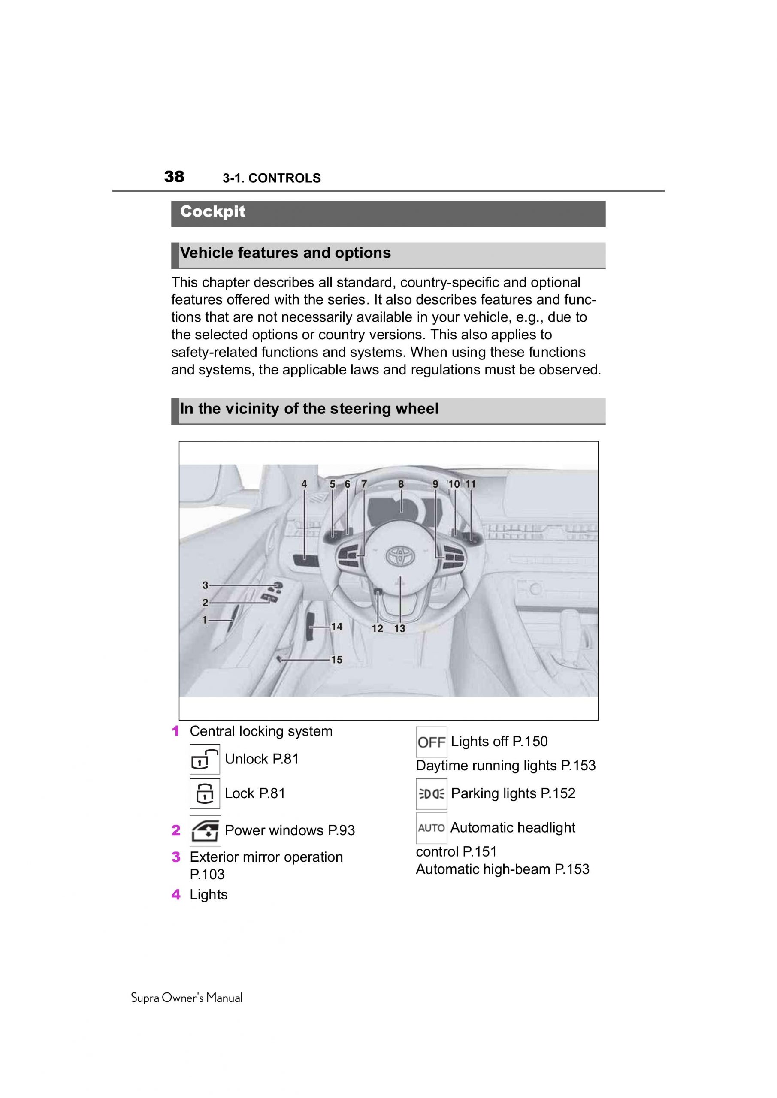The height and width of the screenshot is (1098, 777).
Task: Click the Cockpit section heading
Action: pos(212,211)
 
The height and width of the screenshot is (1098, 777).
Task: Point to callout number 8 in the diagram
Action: pos(401,484)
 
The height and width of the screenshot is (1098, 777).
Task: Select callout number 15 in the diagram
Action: pos(337,660)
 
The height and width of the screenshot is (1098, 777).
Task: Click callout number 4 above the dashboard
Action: pos(304,484)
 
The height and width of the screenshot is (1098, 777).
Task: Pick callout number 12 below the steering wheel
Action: pos(378,629)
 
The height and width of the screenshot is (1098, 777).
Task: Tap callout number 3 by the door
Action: pos(205,585)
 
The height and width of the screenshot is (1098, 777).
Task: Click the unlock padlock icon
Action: pos(204,759)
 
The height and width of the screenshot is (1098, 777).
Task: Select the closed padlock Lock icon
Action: pos(204,793)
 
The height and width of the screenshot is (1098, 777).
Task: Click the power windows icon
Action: pos(205,830)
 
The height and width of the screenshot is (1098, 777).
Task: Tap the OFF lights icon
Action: pos(431,742)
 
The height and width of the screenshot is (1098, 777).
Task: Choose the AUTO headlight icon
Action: pos(431,828)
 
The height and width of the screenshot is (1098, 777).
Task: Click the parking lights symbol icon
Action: pos(431,794)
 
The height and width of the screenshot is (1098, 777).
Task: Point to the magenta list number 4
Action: pos(176,895)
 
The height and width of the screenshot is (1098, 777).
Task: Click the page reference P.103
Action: pos(207,874)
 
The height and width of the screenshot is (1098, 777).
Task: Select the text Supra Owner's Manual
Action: pos(187,998)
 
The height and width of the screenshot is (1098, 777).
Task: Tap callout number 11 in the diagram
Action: pos(471,484)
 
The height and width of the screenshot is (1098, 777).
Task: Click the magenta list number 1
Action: pos(175,731)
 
